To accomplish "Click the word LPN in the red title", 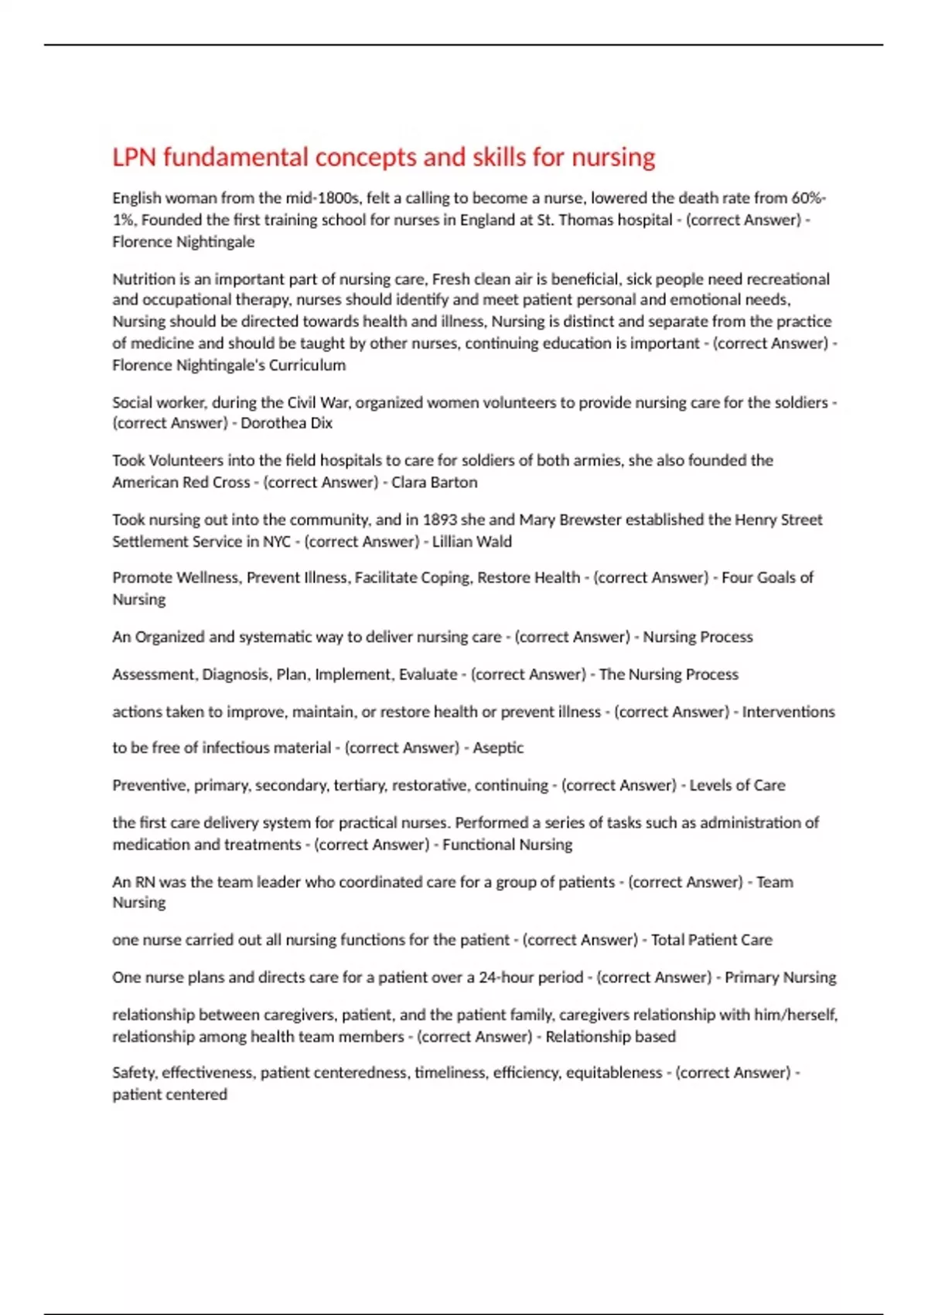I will click(134, 158).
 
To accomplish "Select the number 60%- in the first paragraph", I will click(808, 198).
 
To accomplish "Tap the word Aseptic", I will click(498, 748).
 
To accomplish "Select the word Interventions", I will click(788, 712).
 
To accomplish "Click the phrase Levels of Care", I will click(737, 785).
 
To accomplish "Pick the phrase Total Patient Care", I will click(711, 940).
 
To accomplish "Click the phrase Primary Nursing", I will click(780, 977).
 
